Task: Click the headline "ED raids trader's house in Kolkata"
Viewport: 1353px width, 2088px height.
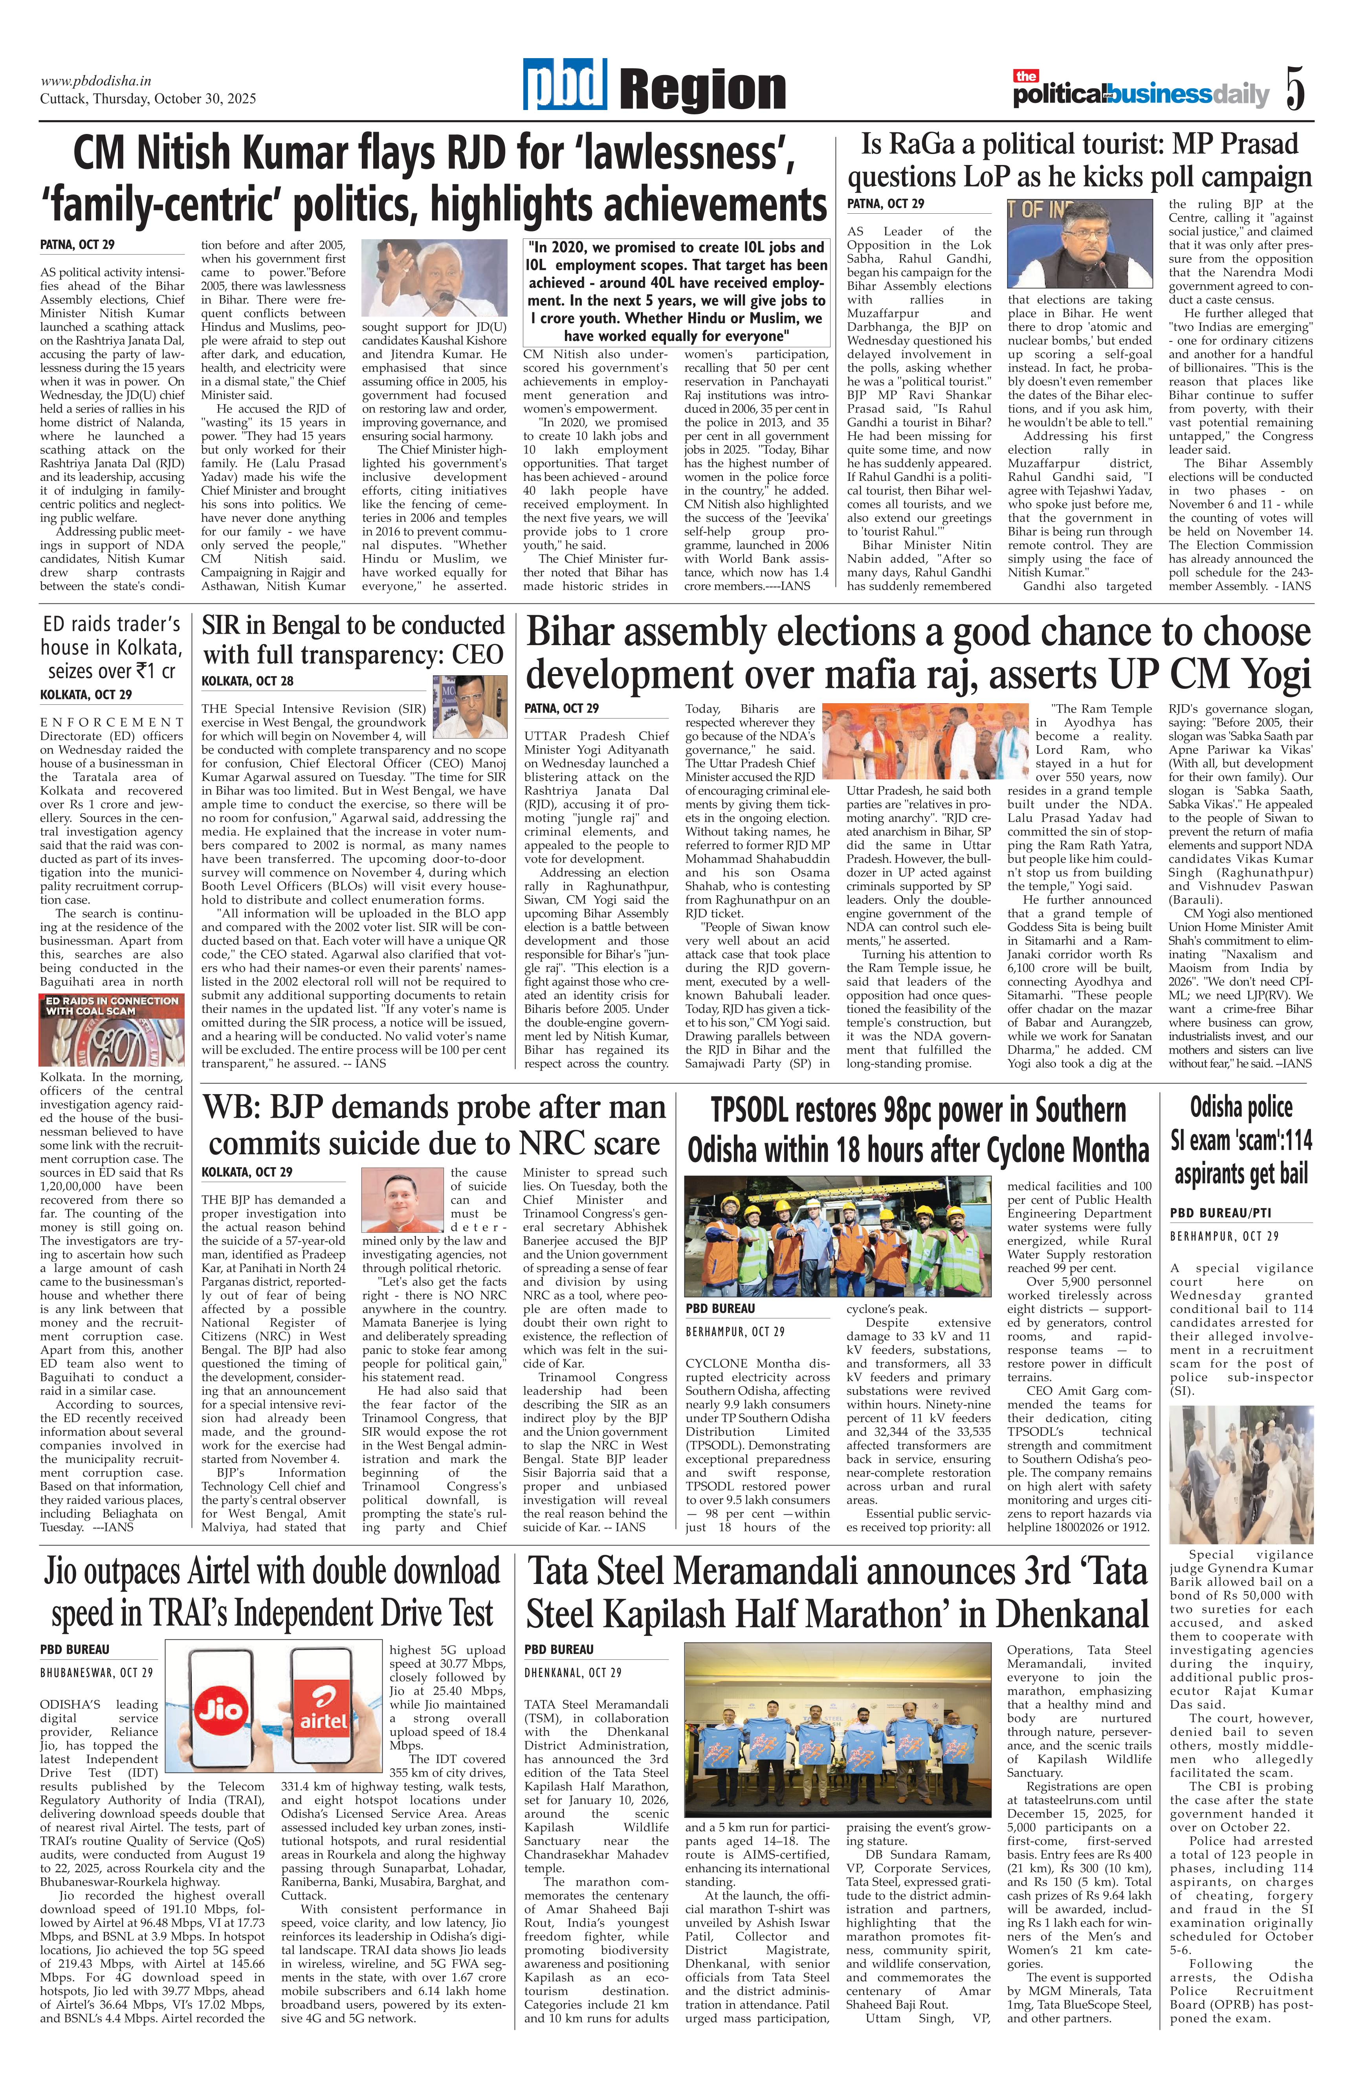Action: point(112,647)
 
